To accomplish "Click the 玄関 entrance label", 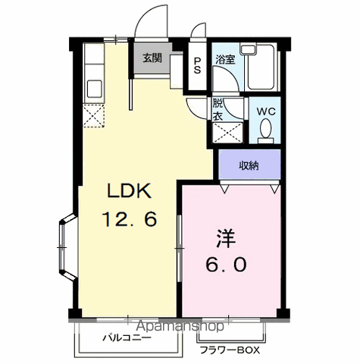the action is [152, 58].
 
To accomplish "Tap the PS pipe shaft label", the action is [197, 65].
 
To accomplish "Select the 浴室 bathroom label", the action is [225, 60].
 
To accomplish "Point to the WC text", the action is [266, 111].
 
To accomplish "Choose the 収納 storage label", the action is [249, 166].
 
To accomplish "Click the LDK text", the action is [130, 190].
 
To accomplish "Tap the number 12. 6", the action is [130, 219].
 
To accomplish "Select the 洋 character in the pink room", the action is [226, 238].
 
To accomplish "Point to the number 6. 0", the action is [226, 265].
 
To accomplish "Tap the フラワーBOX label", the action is [230, 350].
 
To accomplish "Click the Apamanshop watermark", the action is [180, 326].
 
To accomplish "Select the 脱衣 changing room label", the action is [218, 110].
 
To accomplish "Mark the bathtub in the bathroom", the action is [261, 67].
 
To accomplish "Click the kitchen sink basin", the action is [95, 89].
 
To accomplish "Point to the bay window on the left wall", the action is [67, 247].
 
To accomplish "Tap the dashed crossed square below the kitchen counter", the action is [94, 116].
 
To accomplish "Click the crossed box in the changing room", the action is [227, 133].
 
